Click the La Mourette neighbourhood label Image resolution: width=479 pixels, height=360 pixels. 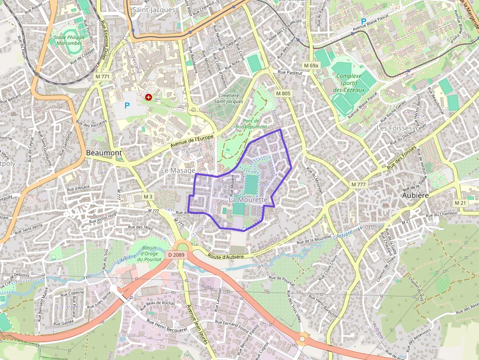tap(248, 200)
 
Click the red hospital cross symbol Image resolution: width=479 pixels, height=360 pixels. tap(148, 98)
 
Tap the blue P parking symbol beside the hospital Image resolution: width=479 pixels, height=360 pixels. tap(127, 105)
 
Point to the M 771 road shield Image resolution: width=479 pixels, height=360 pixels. tap(103, 77)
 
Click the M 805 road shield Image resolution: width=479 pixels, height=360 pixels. tap(283, 93)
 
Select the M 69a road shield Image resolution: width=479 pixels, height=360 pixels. tap(310, 65)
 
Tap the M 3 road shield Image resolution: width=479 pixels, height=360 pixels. tap(148, 196)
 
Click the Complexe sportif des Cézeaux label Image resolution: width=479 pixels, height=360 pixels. tap(349, 83)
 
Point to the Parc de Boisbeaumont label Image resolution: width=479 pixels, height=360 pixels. tap(251, 123)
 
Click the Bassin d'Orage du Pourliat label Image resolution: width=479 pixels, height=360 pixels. tap(147, 253)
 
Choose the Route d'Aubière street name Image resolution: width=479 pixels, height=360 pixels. tap(225, 256)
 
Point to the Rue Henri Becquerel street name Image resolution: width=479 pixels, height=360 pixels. tap(167, 326)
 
